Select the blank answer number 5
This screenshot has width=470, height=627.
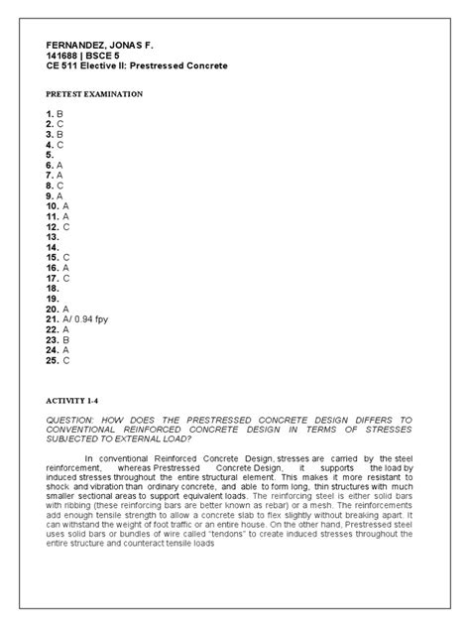click(51, 155)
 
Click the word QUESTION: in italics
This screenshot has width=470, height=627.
click(69, 421)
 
